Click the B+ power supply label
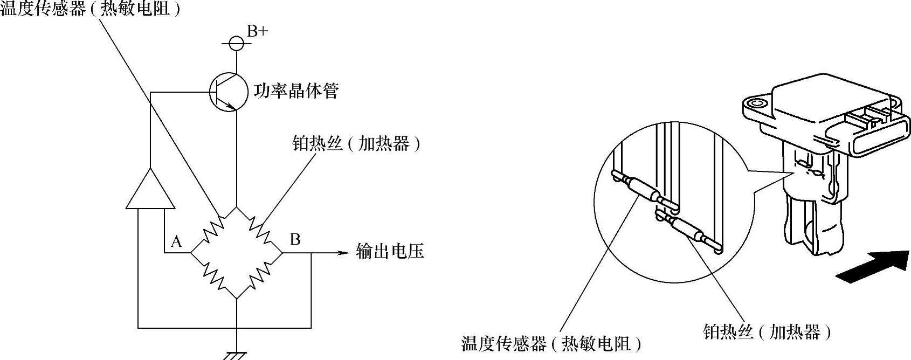pos(257,32)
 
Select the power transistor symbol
pos(229,92)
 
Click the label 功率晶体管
pos(296,91)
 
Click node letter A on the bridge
pos(176,242)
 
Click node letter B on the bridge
pos(295,239)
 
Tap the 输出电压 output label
pos(390,251)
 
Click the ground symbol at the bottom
pos(236,355)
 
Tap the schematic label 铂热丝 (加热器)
pos(356,144)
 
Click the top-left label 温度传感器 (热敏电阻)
pos(89,9)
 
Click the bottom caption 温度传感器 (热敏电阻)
pos(551,343)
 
